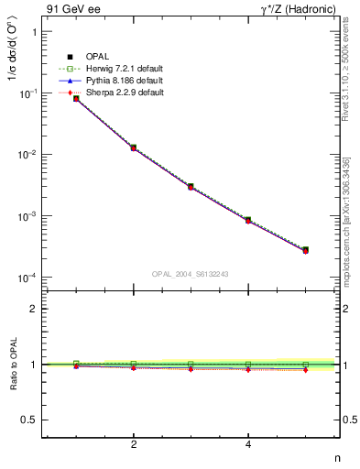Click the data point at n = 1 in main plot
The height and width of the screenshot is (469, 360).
(76, 98)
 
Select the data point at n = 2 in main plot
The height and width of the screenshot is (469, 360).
(134, 147)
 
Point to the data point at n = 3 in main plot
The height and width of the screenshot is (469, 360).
(191, 187)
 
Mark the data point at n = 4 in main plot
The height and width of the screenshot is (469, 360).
(248, 220)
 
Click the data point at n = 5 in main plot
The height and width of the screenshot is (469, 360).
(305, 250)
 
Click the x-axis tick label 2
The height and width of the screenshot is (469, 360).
(134, 445)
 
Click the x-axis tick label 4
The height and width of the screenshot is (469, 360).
(248, 445)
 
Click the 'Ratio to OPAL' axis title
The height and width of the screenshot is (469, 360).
(12, 364)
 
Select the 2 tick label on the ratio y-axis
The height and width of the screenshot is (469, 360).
(33, 309)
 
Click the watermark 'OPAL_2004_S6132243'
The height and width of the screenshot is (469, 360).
(190, 274)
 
